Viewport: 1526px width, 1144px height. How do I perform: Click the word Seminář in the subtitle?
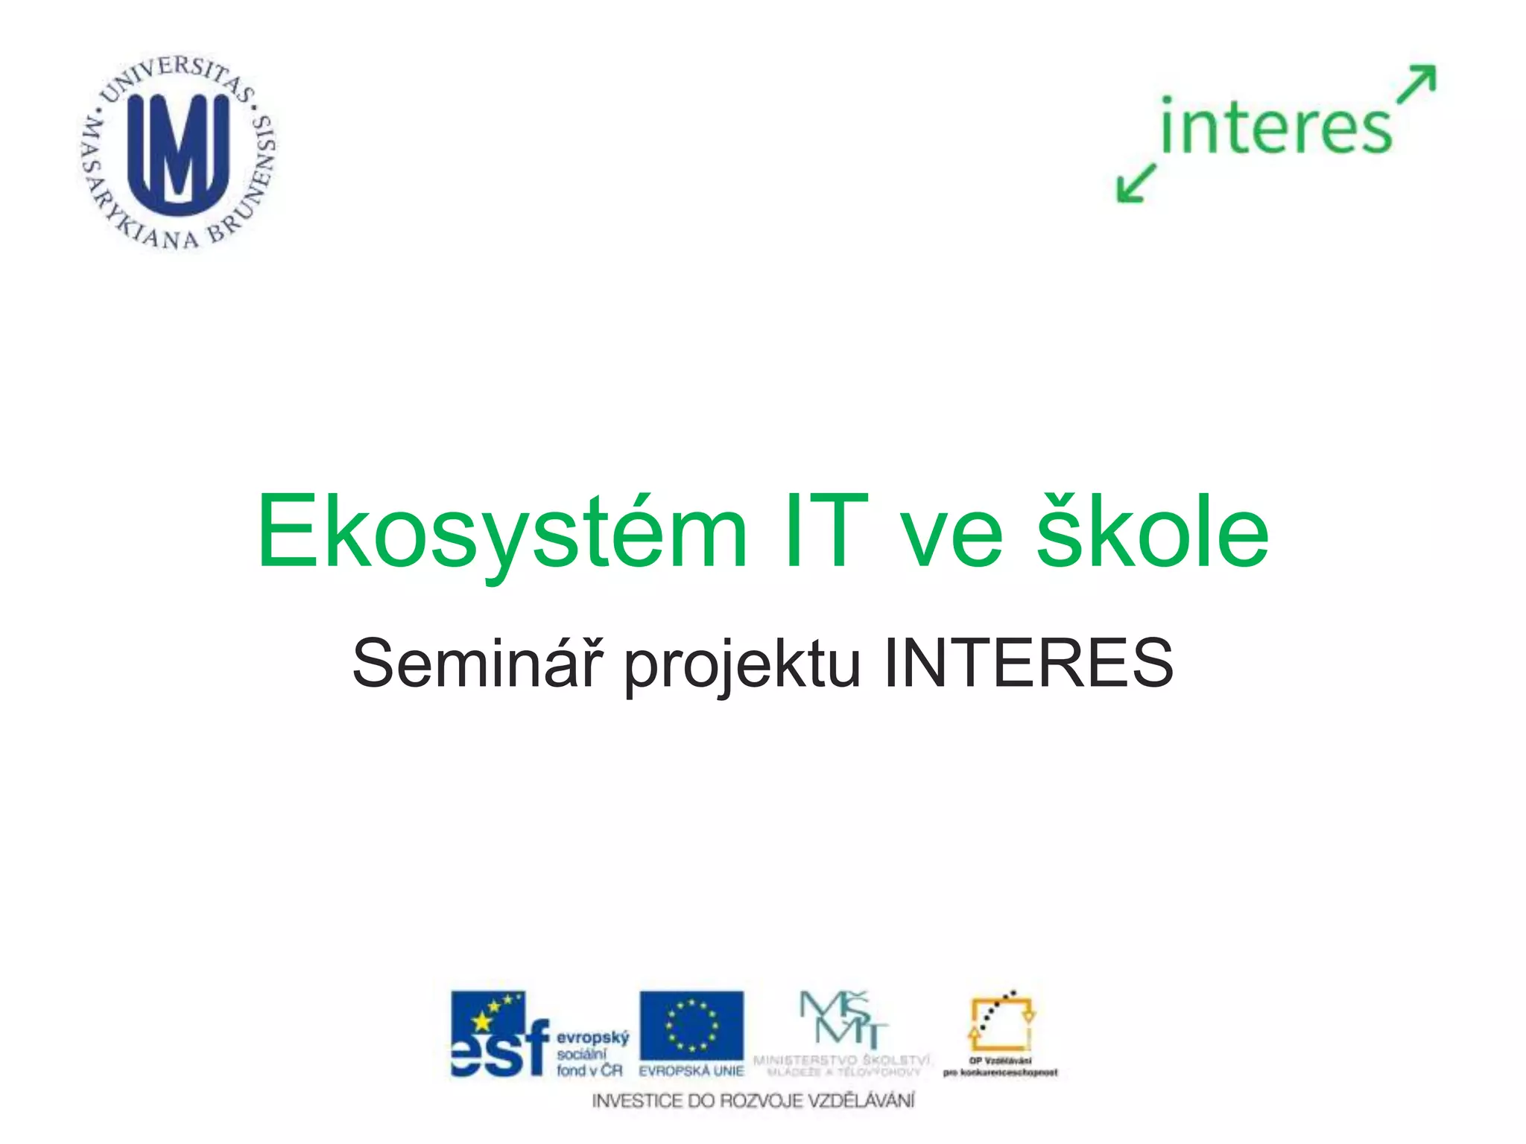pos(475,663)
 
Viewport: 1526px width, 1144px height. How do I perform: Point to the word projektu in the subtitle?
pos(742,665)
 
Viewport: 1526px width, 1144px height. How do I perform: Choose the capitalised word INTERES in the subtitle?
pos(1028,663)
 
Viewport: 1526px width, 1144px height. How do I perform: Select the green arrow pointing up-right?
pos(1416,83)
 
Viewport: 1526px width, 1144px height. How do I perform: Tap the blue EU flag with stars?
pos(691,1026)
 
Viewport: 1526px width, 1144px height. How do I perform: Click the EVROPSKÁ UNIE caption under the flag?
pos(691,1071)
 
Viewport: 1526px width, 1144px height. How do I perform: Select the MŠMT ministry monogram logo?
pos(842,1020)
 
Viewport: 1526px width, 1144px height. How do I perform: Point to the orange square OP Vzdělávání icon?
pos(1001,1023)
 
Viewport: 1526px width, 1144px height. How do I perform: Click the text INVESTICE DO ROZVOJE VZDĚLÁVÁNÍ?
pos(753,1101)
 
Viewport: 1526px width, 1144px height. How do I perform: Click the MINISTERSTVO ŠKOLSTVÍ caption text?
pos(842,1060)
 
